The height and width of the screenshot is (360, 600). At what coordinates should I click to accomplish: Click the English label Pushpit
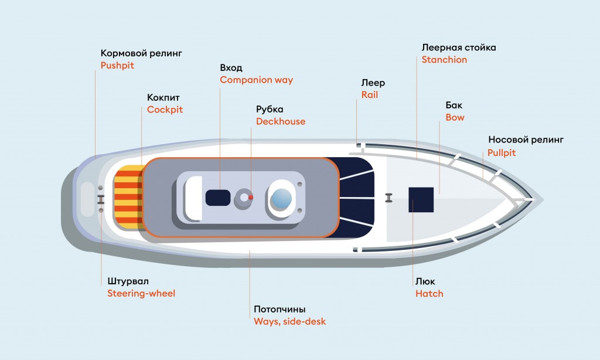click(117, 66)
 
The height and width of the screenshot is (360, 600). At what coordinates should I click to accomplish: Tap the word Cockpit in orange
click(165, 110)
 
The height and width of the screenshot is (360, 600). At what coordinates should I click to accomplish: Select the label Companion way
click(257, 80)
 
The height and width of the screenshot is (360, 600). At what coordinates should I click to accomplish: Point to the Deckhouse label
click(281, 121)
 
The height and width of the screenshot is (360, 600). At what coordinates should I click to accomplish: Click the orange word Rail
click(370, 95)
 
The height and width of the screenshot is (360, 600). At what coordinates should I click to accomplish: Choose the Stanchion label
click(444, 60)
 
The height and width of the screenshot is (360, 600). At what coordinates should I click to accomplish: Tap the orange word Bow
click(455, 118)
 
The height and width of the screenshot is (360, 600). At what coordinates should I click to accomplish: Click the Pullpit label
click(502, 153)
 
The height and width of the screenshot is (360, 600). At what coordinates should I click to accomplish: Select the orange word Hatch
click(429, 294)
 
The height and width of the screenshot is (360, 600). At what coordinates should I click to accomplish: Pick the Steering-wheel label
click(141, 294)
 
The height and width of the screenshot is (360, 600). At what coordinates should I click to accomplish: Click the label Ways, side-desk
click(289, 322)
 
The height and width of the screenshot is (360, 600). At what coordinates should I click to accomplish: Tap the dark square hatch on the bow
click(421, 199)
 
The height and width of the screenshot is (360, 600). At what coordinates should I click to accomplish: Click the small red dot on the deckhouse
click(251, 197)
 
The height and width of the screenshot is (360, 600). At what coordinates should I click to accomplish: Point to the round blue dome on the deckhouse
click(281, 199)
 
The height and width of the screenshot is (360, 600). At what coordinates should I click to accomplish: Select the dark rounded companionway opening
click(218, 198)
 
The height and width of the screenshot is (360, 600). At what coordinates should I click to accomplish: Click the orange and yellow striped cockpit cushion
click(128, 197)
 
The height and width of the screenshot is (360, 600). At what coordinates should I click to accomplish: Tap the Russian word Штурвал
click(128, 281)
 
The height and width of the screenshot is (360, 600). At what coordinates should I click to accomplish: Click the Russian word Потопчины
click(279, 309)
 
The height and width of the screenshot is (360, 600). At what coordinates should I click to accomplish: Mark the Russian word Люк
click(425, 281)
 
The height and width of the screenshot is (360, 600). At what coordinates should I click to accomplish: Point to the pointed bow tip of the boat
click(543, 199)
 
